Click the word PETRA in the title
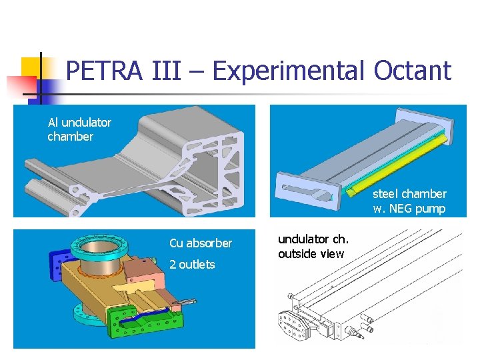(x=105, y=71)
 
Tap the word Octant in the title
(x=413, y=71)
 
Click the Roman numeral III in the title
(x=166, y=71)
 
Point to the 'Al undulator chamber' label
(x=79, y=129)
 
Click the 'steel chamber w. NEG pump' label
(x=409, y=201)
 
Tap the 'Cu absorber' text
(x=201, y=243)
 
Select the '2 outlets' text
(x=192, y=264)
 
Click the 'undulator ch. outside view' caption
(x=313, y=247)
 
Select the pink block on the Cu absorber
(x=143, y=270)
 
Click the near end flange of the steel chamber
(x=307, y=191)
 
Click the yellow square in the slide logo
(x=31, y=68)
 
